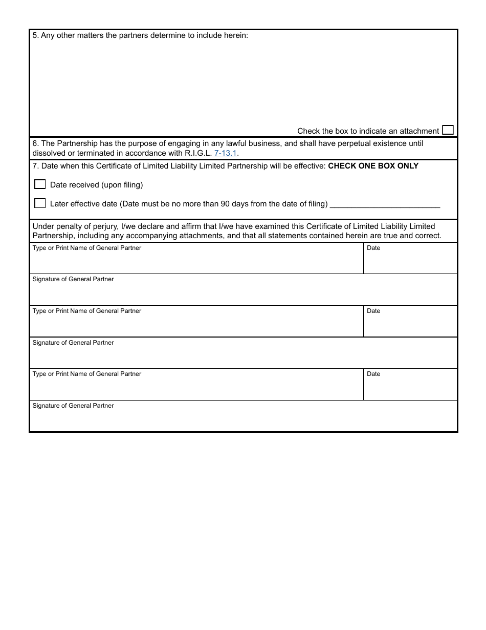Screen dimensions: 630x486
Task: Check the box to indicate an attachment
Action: (x=448, y=130)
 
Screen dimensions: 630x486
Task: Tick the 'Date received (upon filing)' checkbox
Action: (x=40, y=184)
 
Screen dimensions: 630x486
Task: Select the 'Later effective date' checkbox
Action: (x=40, y=203)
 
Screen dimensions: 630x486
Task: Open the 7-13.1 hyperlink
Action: (x=225, y=153)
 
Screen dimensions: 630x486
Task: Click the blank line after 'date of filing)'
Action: (x=385, y=204)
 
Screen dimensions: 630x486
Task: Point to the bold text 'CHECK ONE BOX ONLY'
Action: (x=373, y=166)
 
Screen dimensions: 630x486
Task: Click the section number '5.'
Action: (x=35, y=36)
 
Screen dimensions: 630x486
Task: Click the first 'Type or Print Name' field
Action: (x=196, y=261)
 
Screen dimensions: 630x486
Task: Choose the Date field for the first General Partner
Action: (x=410, y=261)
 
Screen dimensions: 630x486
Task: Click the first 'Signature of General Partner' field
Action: (x=243, y=293)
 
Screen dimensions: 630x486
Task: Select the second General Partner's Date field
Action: (x=410, y=324)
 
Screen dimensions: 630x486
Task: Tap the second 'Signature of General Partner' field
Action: (x=243, y=356)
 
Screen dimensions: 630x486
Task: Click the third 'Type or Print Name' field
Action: (x=196, y=388)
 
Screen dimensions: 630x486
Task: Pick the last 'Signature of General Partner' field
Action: (x=243, y=419)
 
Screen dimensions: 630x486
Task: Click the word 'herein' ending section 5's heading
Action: (x=236, y=36)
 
